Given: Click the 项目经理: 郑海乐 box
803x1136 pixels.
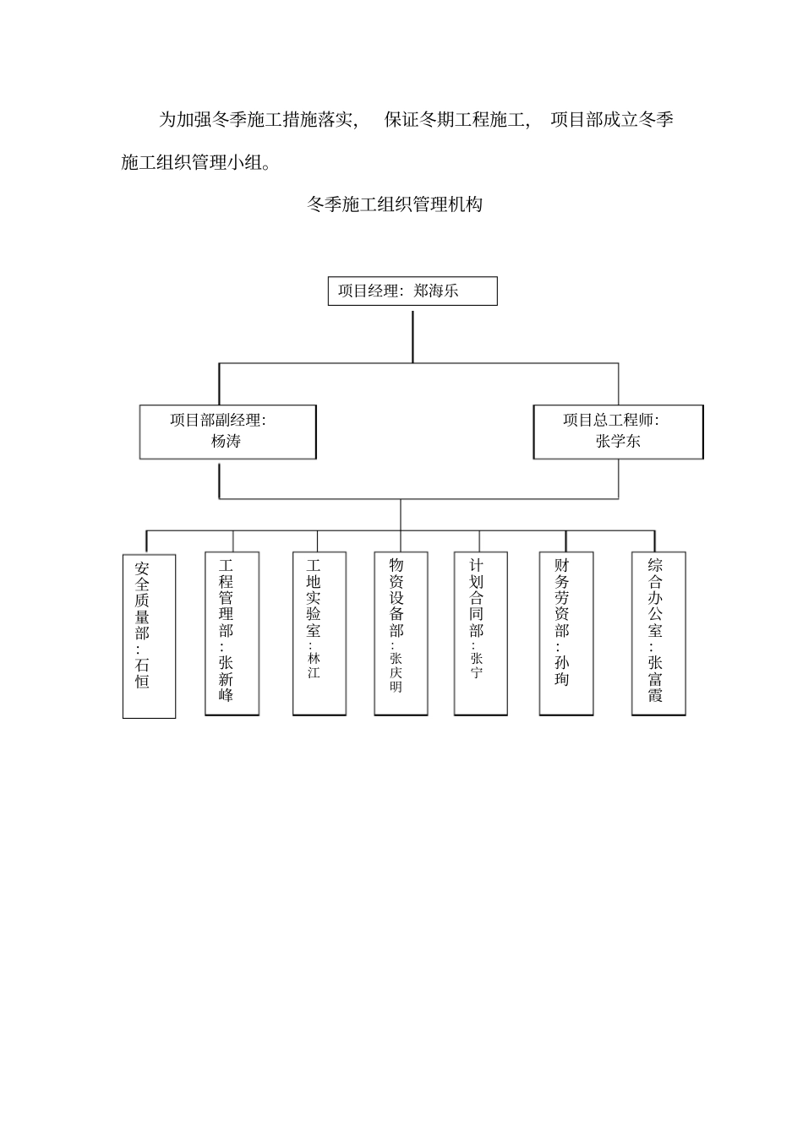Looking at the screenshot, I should (x=412, y=291).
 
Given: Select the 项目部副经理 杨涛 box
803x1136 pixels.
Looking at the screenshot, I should (x=228, y=432).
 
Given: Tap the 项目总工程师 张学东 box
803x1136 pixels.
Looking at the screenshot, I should (x=618, y=432).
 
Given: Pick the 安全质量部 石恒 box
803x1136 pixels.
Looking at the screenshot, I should (x=150, y=636).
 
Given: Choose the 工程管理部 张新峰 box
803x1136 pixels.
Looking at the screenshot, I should (x=232, y=633).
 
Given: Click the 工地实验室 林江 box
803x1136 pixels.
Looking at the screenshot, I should (x=320, y=633).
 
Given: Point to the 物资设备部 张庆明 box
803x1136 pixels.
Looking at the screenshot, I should (x=401, y=633).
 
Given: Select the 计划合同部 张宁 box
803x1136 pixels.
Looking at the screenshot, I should (x=481, y=633).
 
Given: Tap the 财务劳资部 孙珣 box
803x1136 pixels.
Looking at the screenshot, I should (x=566, y=633).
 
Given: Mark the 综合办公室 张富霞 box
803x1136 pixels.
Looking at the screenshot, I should (x=658, y=633).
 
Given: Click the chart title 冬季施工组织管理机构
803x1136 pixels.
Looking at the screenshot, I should (x=395, y=204).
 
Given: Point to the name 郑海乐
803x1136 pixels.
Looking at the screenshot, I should (x=436, y=291).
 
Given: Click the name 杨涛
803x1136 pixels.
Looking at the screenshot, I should (x=226, y=441).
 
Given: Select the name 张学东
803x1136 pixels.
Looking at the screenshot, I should (x=618, y=441).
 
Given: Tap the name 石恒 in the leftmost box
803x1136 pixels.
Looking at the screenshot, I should (x=142, y=672).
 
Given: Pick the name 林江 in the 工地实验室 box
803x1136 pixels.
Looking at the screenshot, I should (x=314, y=666).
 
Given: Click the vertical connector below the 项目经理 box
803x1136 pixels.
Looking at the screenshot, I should (x=412, y=336).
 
